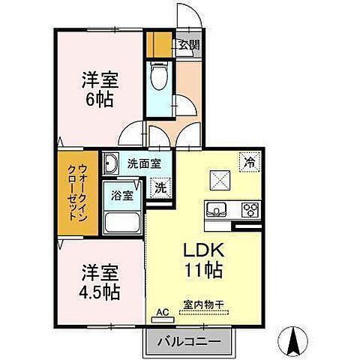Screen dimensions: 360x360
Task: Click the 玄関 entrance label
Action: pyautogui.click(x=188, y=44)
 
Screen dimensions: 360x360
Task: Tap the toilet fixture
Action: pyautogui.click(x=158, y=78)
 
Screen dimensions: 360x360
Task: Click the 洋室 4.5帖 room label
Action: pyautogui.click(x=100, y=280)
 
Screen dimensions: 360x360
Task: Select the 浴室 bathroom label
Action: pyautogui.click(x=123, y=194)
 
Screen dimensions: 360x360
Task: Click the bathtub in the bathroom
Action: pyautogui.click(x=123, y=223)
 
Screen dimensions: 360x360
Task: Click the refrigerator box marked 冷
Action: pyautogui.click(x=249, y=160)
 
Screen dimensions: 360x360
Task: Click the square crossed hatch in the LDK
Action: pyautogui.click(x=220, y=180)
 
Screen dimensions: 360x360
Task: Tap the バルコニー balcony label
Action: pyautogui.click(x=188, y=342)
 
